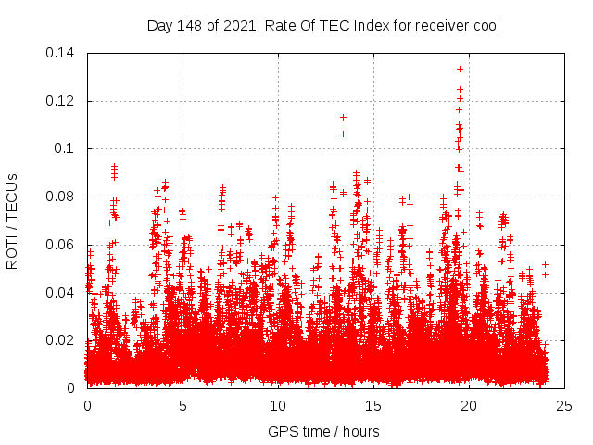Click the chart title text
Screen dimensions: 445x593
pyautogui.click(x=323, y=25)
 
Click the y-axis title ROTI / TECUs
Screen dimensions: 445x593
pyautogui.click(x=12, y=221)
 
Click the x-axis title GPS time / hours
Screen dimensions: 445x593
pyautogui.click(x=323, y=431)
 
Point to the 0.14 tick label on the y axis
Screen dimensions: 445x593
pyautogui.click(x=63, y=53)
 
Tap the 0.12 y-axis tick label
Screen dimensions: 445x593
pyautogui.click(x=63, y=101)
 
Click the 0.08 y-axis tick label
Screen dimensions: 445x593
pyautogui.click(x=63, y=197)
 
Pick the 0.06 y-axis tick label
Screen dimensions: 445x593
pyautogui.click(x=63, y=245)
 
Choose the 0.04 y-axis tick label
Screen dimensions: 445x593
pyautogui.click(x=63, y=293)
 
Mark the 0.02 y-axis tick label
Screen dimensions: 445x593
pyautogui.click(x=63, y=340)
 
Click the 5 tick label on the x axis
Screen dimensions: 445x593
pyautogui.click(x=183, y=406)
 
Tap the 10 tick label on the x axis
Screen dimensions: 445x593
pyautogui.click(x=278, y=406)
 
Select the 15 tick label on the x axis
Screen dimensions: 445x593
pyautogui.click(x=373, y=406)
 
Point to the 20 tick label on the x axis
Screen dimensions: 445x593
pyautogui.click(x=469, y=406)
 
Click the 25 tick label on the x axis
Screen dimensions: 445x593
pyautogui.click(x=564, y=406)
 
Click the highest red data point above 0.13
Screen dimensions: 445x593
pyautogui.click(x=460, y=69)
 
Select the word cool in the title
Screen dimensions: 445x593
pyautogui.click(x=484, y=25)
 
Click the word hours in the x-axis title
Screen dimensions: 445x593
pyautogui.click(x=360, y=431)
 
